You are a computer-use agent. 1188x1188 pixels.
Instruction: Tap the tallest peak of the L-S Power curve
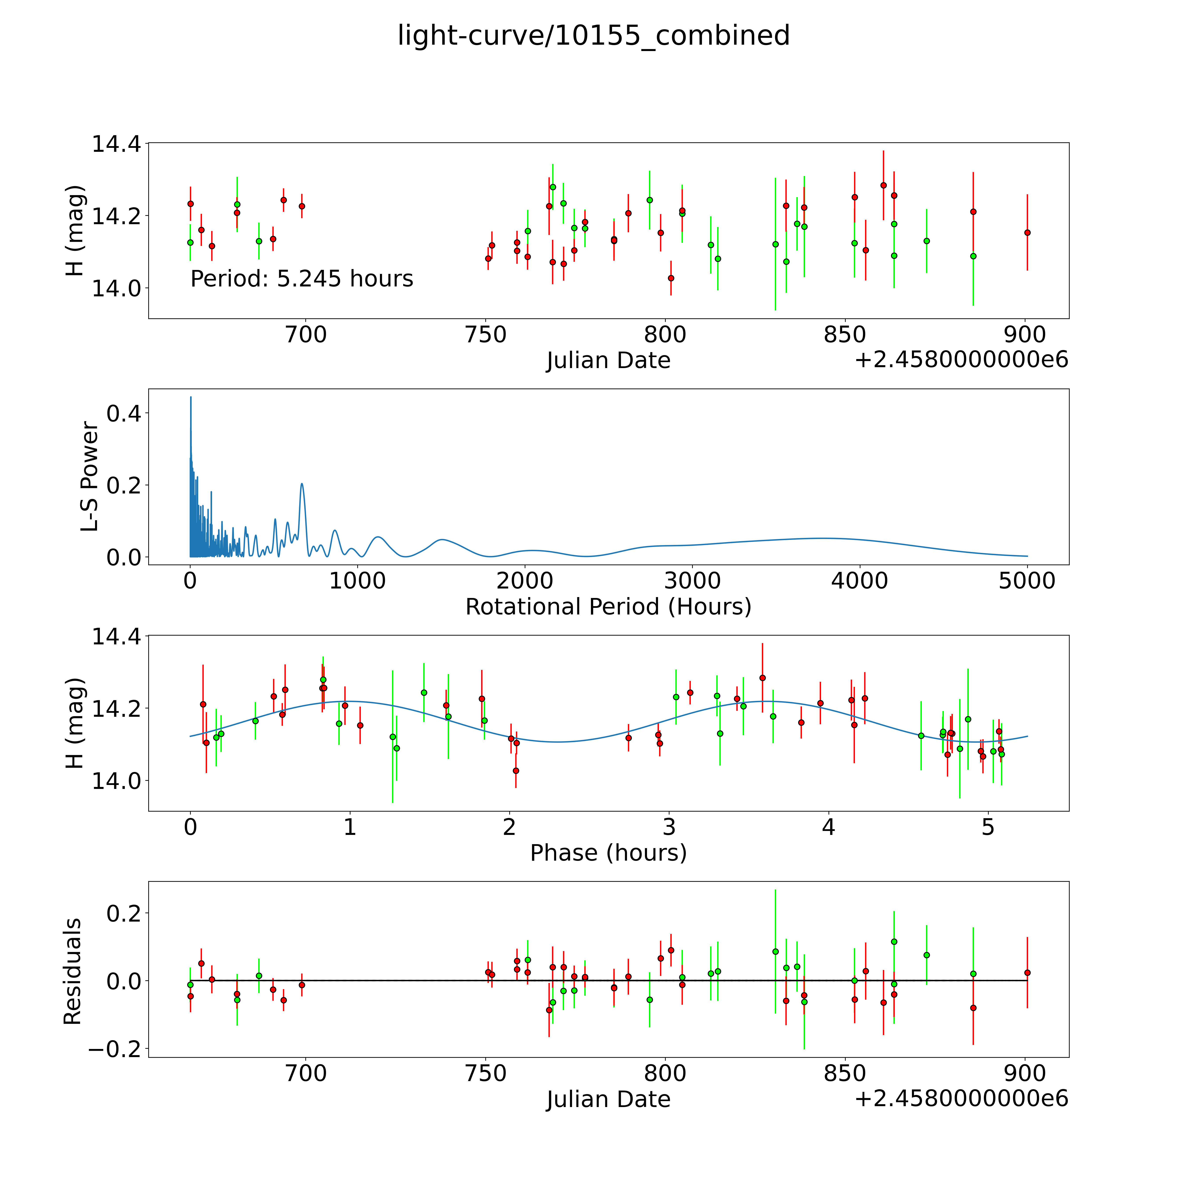(x=191, y=397)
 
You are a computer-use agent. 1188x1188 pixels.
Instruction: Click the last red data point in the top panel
(x=1027, y=233)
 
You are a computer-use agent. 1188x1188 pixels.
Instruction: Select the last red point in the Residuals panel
(x=1027, y=973)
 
